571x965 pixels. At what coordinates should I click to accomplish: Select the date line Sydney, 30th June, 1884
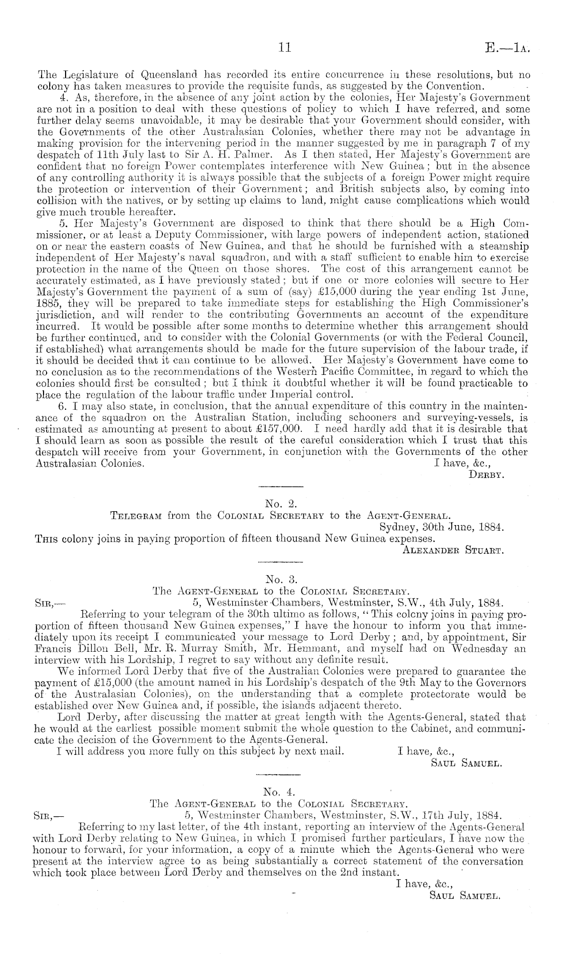442,527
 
